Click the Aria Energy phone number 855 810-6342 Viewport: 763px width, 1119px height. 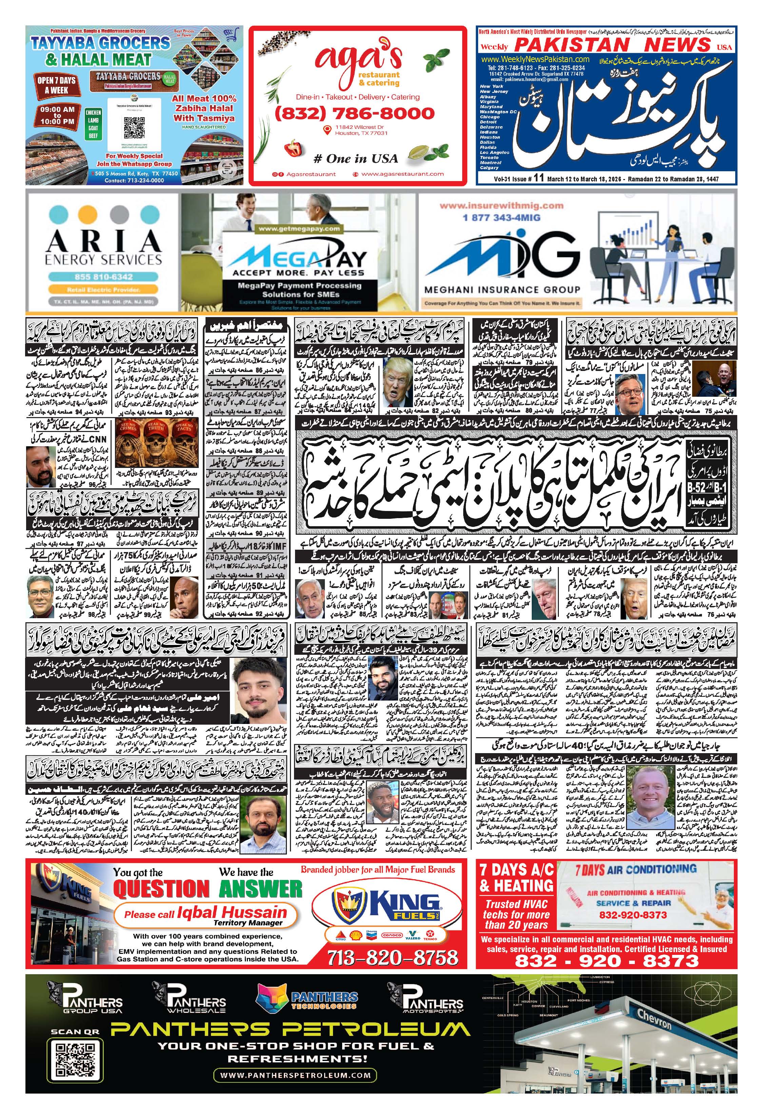click(103, 277)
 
